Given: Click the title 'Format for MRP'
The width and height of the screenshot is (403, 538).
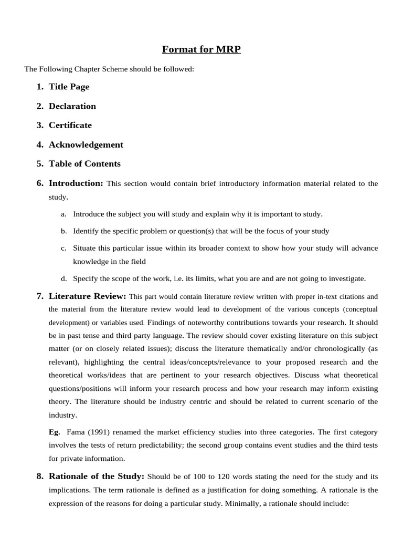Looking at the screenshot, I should (x=201, y=50).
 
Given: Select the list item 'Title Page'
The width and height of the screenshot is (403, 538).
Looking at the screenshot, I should (x=69, y=87).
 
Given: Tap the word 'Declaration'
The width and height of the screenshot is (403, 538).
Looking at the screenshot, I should (x=72, y=106).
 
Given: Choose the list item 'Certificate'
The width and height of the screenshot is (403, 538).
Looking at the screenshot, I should (x=70, y=125).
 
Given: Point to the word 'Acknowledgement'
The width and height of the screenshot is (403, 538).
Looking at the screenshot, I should (x=86, y=144).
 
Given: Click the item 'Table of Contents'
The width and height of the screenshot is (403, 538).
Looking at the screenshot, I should (x=84, y=163).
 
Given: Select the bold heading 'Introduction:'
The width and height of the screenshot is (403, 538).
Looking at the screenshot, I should (x=76, y=183).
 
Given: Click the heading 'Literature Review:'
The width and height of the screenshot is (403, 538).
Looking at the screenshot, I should (x=87, y=296).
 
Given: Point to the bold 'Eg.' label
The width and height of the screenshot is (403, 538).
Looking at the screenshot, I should (x=55, y=432).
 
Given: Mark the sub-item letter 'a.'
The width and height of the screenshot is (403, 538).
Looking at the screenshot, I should (x=63, y=214).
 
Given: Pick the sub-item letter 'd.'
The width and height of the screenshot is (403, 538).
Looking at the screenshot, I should (x=63, y=278).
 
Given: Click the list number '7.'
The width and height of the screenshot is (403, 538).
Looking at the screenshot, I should (x=40, y=296).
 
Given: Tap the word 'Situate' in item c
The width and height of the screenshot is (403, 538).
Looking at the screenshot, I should (x=84, y=248).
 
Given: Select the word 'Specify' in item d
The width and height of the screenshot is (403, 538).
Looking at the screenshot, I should (x=86, y=278).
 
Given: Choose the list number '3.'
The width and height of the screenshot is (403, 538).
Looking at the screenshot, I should (x=40, y=125).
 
